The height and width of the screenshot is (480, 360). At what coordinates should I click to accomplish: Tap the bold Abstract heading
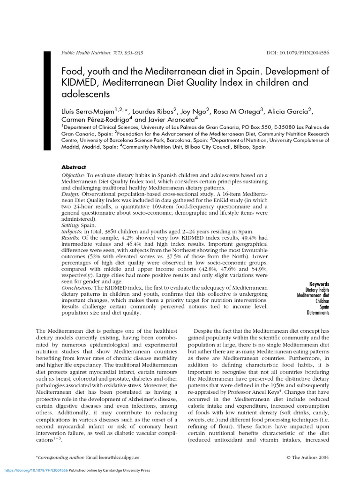click(x=74, y=167)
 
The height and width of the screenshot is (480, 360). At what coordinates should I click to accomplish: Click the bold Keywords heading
click(x=319, y=284)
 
